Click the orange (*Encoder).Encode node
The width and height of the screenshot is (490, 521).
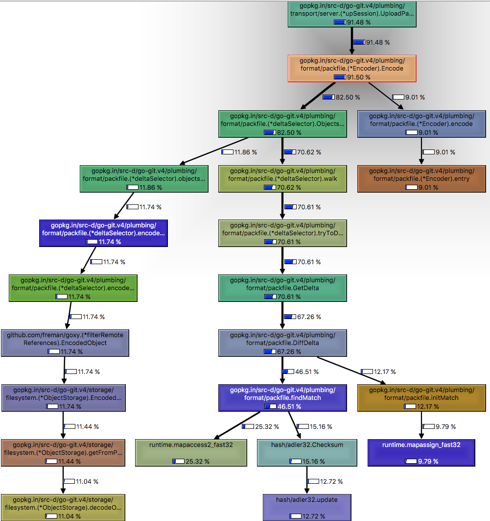click(352, 69)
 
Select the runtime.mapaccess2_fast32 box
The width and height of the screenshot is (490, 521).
click(191, 453)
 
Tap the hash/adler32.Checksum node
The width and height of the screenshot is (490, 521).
click(307, 453)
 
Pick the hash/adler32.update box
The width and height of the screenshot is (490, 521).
click(307, 508)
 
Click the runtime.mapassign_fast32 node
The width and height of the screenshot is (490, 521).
click(421, 453)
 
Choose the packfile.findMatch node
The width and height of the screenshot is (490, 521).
click(282, 398)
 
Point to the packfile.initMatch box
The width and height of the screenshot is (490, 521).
click(421, 398)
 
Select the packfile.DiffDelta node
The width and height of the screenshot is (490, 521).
click(282, 343)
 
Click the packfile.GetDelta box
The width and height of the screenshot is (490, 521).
click(282, 288)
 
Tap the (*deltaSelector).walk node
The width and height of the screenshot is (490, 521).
click(282, 179)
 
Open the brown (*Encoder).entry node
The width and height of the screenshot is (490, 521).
click(421, 179)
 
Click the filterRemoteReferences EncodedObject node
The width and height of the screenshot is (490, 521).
click(65, 343)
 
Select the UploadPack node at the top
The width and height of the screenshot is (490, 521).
click(352, 14)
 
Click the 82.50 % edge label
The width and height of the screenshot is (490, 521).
click(341, 98)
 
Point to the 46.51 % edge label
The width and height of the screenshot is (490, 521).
click(301, 372)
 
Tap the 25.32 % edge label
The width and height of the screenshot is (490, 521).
click(261, 426)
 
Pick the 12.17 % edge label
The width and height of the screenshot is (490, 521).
click(378, 372)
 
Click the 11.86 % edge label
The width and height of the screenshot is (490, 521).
click(239, 152)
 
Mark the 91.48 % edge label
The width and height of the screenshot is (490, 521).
click(372, 43)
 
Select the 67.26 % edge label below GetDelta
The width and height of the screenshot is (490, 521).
click(303, 317)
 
